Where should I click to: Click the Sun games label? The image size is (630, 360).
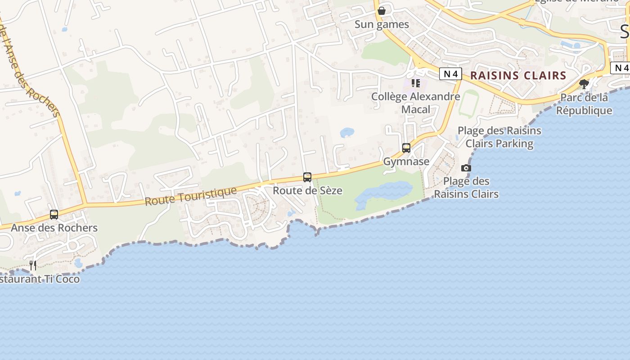(382, 24)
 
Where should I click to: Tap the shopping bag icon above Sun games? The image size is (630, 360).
(382, 10)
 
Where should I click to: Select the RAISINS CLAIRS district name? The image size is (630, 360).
(518, 76)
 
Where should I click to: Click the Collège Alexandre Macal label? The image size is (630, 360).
(415, 103)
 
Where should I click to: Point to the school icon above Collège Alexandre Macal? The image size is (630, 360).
(416, 83)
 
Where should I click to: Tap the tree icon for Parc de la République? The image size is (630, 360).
(584, 84)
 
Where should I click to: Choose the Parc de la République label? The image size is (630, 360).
(584, 104)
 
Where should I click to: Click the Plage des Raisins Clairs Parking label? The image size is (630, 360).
(499, 137)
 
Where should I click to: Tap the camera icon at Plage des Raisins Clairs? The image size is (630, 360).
(466, 168)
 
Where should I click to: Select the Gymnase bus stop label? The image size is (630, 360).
(406, 161)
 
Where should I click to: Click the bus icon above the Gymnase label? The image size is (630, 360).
(406, 148)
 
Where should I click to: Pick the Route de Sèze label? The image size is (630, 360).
(307, 190)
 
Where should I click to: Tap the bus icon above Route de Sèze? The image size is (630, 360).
(307, 177)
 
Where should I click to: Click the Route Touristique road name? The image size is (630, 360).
(191, 196)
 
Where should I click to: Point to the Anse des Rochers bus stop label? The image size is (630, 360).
(54, 228)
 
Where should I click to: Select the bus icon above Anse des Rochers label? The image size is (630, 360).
(54, 214)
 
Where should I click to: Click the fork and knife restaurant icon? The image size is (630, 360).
(33, 265)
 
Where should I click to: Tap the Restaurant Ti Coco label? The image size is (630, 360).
(40, 279)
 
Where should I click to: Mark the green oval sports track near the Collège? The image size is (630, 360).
(468, 104)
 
